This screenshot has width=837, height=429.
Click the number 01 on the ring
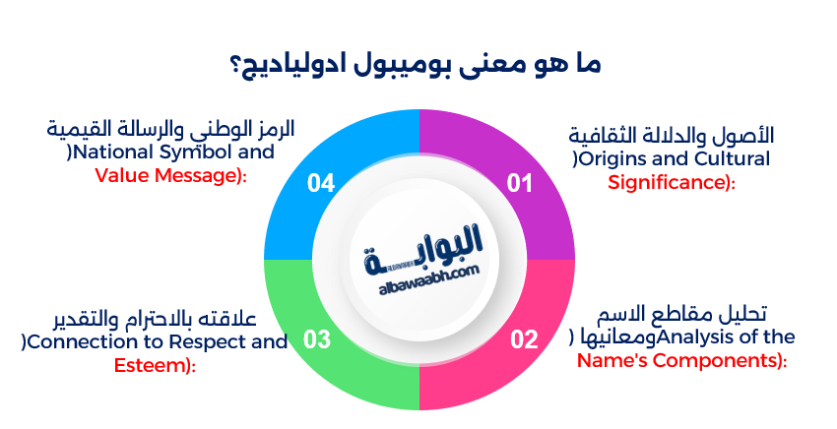(x=519, y=183)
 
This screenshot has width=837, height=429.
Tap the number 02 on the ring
(x=524, y=340)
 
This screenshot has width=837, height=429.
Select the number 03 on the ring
(x=316, y=340)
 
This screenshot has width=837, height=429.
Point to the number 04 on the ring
(x=321, y=183)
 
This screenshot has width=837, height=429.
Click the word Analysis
(x=693, y=337)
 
